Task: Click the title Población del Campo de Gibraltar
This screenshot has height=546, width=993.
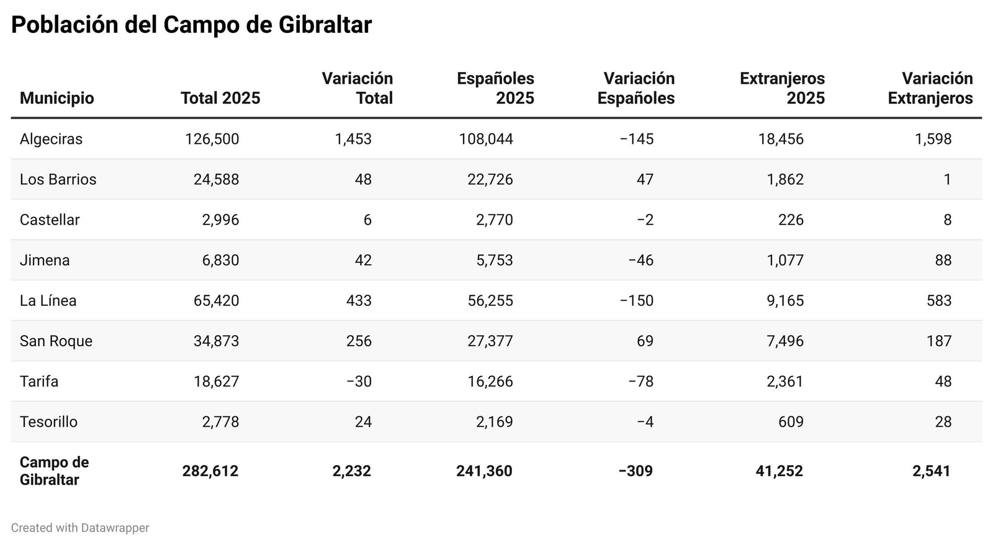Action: point(191,25)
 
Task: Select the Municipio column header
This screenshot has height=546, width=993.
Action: point(56,98)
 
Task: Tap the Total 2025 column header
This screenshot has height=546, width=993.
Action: point(220,98)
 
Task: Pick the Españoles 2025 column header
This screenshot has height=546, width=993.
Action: point(495,88)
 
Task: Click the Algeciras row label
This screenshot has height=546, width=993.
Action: point(51,139)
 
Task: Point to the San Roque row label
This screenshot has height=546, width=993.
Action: point(56,341)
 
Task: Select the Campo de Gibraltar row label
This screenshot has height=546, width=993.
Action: point(54,471)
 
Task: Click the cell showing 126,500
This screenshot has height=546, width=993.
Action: point(212,139)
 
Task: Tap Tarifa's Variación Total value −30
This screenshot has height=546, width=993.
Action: point(359,382)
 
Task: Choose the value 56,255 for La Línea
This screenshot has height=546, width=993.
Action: point(490,301)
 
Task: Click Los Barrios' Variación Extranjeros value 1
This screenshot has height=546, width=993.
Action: point(946,179)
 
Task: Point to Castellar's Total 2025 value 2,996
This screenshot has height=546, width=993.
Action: point(220,220)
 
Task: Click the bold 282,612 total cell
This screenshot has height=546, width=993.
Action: point(210,471)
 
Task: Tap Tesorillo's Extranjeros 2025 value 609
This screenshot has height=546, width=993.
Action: point(790,422)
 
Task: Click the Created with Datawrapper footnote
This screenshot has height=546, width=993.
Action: point(80,528)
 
